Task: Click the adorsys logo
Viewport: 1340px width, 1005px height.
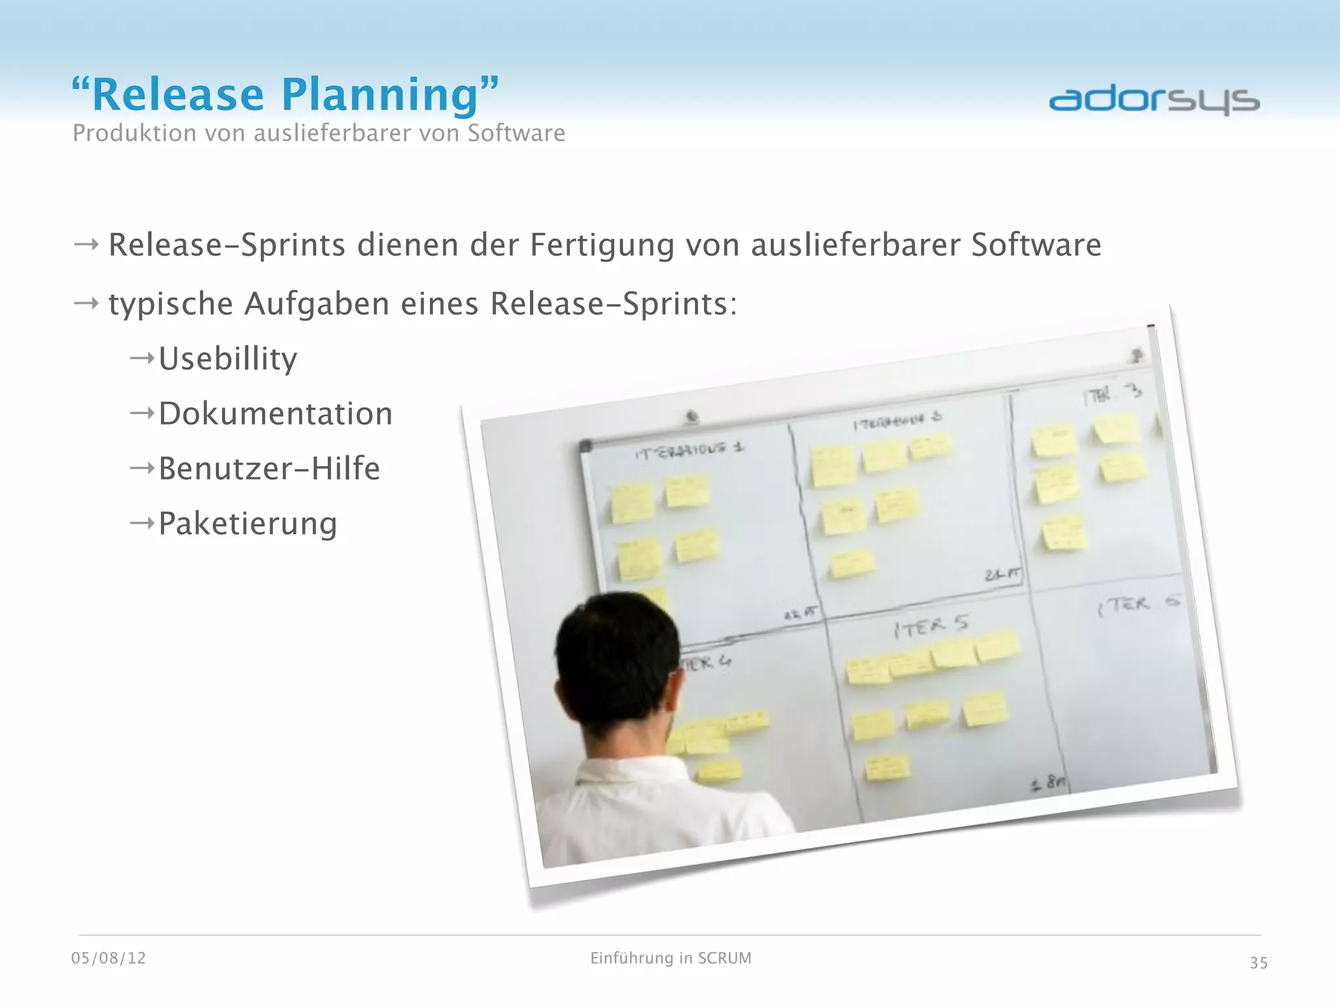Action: click(1154, 100)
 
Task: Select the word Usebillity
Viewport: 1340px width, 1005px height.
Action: click(228, 359)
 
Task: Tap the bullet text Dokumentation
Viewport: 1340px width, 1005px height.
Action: click(275, 414)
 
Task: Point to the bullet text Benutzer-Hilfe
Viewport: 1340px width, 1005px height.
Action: click(269, 468)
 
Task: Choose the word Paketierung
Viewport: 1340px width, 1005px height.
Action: click(248, 523)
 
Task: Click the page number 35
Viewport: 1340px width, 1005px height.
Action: click(1258, 962)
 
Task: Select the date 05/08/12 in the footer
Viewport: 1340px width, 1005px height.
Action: click(109, 958)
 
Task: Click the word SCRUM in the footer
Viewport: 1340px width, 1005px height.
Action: click(724, 958)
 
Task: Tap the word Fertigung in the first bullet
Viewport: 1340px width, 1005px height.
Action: click(601, 245)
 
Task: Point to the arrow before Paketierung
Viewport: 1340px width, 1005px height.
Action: click(142, 523)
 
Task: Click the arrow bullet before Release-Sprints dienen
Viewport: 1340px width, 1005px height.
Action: click(86, 245)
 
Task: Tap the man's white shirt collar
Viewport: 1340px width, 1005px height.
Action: click(628, 772)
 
